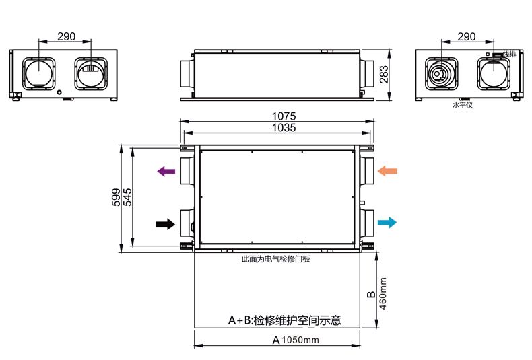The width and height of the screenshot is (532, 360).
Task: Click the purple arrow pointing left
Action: tap(166, 172)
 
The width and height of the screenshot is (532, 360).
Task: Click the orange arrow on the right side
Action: tap(387, 171)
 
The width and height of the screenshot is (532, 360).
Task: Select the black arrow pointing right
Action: tap(165, 224)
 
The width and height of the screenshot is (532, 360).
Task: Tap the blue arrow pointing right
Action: tap(387, 223)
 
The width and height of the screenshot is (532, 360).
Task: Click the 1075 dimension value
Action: tap(284, 116)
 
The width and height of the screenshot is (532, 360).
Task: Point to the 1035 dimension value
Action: tap(284, 128)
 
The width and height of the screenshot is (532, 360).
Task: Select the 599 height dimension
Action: tap(115, 196)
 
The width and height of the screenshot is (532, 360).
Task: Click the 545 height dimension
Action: tap(127, 196)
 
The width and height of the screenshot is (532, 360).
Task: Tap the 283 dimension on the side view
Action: tap(385, 74)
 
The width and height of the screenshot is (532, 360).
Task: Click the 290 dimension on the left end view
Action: tap(66, 36)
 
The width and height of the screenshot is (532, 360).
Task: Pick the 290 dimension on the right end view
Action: tap(466, 36)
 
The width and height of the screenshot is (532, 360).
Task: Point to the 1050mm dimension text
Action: tap(300, 340)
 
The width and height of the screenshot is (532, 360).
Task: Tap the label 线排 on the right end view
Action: tap(509, 54)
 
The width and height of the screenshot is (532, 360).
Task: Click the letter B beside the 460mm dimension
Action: tap(370, 295)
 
